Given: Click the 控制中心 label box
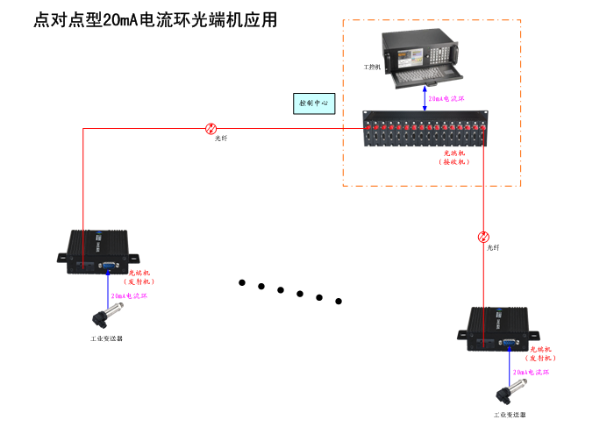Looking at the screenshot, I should pyautogui.click(x=313, y=103).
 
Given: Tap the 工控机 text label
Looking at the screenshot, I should pyautogui.click(x=373, y=67).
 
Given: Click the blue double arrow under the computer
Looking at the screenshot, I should pyautogui.click(x=425, y=99).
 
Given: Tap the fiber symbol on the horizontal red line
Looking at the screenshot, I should pyautogui.click(x=211, y=128).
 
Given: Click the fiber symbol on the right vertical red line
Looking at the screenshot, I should pyautogui.click(x=483, y=237).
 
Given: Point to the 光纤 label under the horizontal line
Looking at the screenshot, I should pyautogui.click(x=221, y=139).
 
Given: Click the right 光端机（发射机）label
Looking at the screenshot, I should pyautogui.click(x=540, y=353).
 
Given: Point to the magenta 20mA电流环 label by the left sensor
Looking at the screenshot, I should pyautogui.click(x=129, y=297).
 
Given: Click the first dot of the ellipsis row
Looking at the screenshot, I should pyautogui.click(x=242, y=282).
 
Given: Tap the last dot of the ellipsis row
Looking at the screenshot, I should pyautogui.click(x=338, y=302).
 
